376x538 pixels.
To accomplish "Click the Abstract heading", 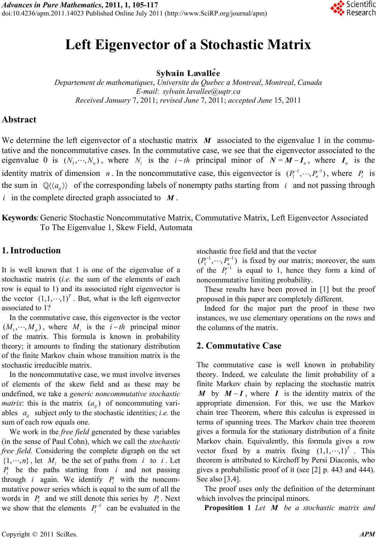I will pyautogui.click(x=19, y=120).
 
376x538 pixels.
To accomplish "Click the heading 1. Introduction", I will pyautogui.click(x=31, y=250).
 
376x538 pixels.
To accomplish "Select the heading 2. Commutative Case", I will pyautogui.click(x=239, y=346).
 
